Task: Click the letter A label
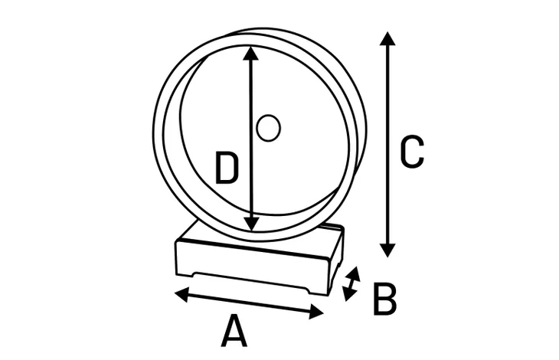234,330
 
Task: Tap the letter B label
384,299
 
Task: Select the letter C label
412,152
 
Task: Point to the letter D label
227,168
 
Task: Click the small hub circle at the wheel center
269,128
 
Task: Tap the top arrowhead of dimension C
387,38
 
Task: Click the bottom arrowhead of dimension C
387,250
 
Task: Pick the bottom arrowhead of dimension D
253,223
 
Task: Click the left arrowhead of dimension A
181,294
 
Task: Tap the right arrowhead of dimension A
316,312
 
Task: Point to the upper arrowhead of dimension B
355,273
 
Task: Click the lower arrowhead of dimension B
348,294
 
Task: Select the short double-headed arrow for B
351,283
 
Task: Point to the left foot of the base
185,274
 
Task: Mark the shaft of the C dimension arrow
387,144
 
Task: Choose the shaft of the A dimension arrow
249,303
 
